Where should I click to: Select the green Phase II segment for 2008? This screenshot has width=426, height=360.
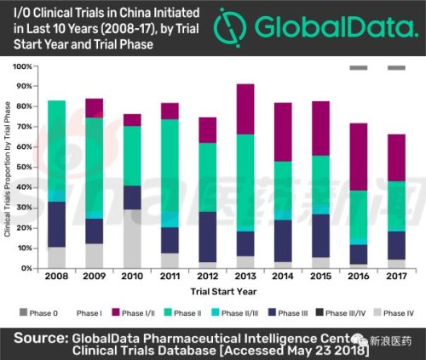click(56, 145)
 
